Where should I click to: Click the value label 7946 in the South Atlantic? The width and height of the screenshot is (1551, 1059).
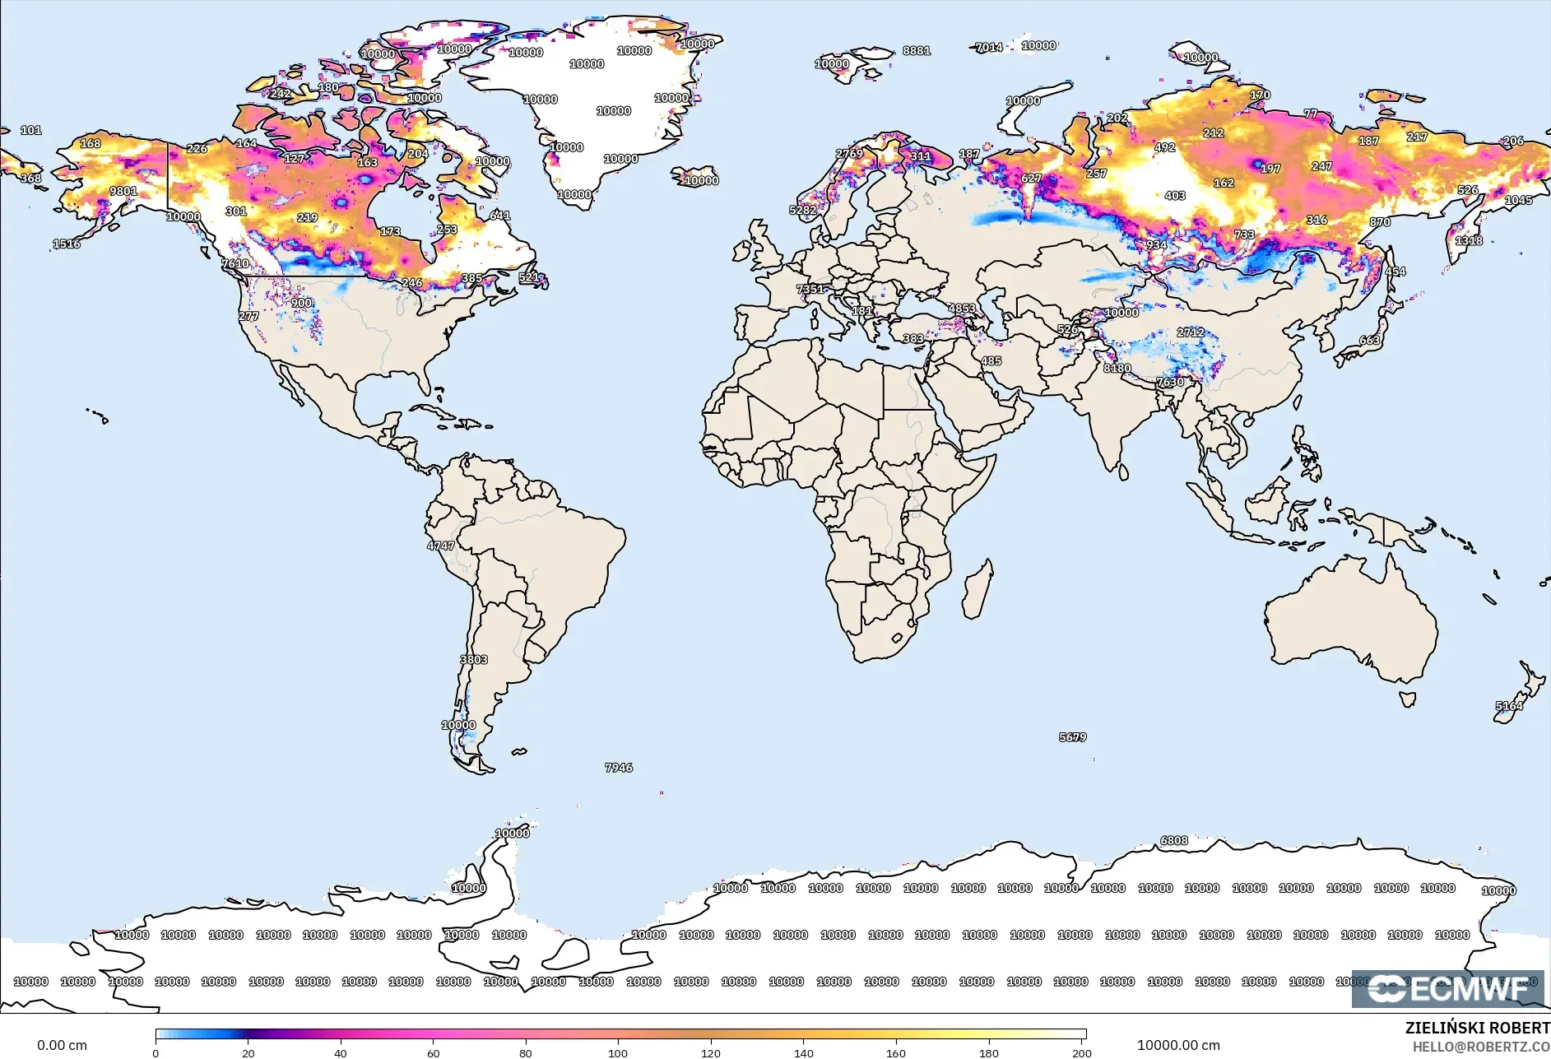pos(619,768)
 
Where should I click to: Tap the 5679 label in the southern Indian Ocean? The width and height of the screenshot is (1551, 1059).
pos(1072,737)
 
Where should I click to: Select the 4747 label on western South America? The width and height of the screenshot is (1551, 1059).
pos(440,546)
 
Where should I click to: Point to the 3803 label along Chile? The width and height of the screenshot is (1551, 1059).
pos(474,660)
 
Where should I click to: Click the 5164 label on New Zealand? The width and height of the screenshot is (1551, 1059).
pos(1509,706)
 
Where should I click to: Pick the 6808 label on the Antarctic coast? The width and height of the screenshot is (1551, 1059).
pos(1174,840)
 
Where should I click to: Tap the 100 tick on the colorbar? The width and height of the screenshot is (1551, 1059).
pos(618,1052)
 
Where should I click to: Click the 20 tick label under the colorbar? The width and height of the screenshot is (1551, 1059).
pos(248,1052)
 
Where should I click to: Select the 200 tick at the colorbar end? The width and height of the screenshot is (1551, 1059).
pos(1082,1052)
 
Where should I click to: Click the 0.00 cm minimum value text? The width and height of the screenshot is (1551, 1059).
pos(62,1046)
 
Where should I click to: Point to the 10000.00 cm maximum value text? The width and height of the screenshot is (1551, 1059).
pos(1178,1046)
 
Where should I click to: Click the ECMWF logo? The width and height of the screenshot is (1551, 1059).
pos(1447,989)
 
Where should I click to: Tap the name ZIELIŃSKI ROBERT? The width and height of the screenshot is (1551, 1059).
pos(1477,1028)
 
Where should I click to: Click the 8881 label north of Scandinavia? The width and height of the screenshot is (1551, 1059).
pos(916,50)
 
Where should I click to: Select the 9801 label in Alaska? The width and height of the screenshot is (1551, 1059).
pos(123,191)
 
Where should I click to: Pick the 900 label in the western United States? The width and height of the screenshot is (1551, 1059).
pos(301,303)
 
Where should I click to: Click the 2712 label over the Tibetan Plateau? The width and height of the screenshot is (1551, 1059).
pos(1191,332)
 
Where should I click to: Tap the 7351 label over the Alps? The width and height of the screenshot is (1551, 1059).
pos(810,289)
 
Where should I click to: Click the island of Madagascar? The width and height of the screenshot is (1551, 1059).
pos(978,589)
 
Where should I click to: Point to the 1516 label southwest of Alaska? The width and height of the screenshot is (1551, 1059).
pos(67,244)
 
